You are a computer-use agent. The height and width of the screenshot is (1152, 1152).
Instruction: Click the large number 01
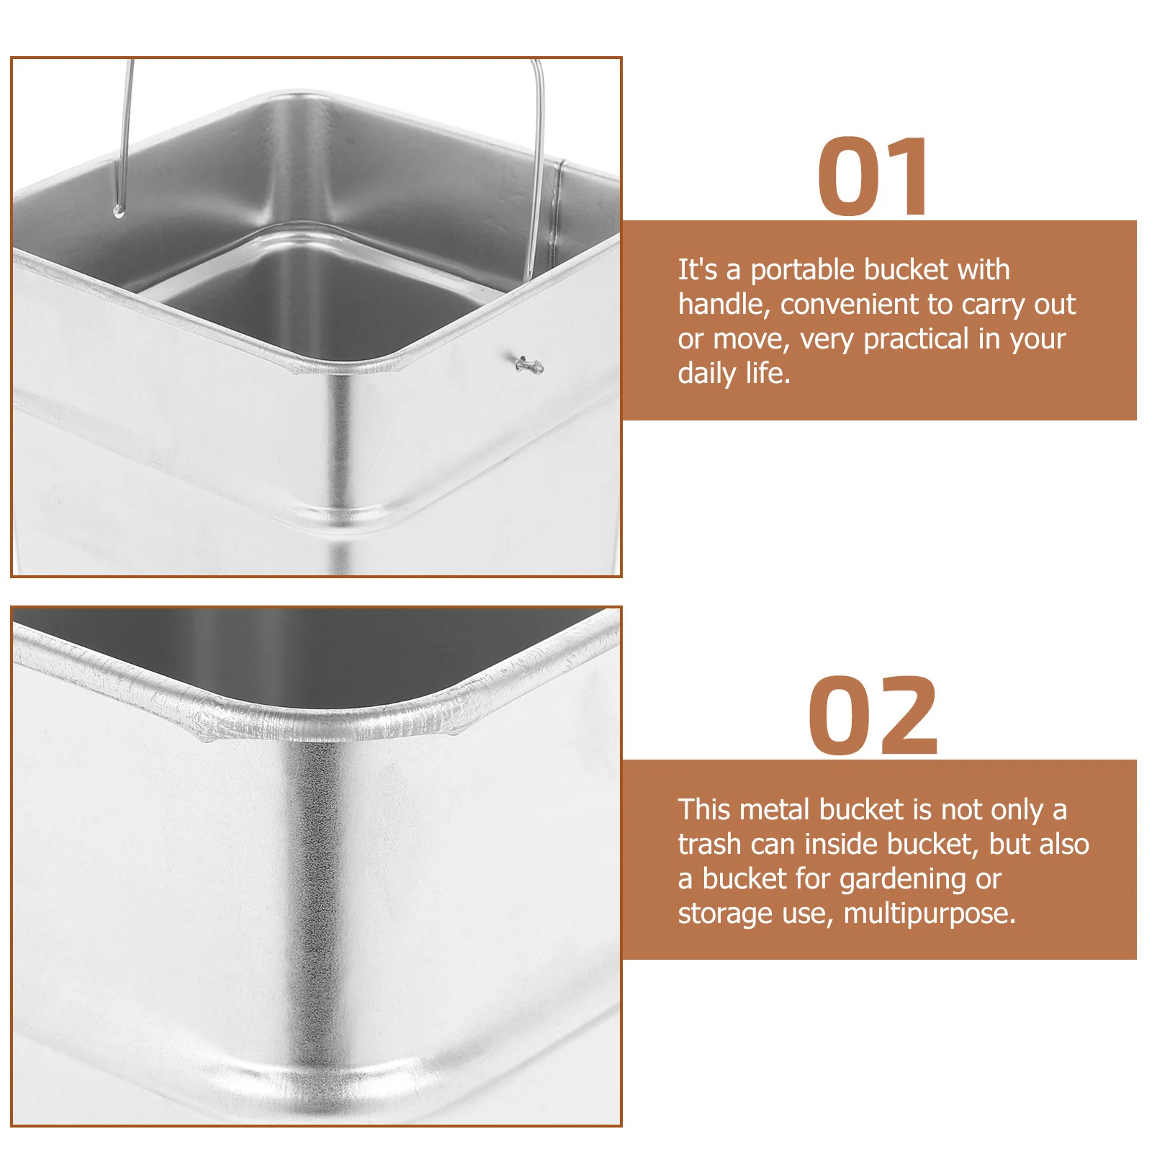873,177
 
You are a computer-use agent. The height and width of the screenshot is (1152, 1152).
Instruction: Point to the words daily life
733,374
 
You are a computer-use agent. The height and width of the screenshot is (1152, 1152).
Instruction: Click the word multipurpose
929,914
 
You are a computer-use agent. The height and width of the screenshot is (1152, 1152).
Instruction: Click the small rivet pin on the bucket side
528,365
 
